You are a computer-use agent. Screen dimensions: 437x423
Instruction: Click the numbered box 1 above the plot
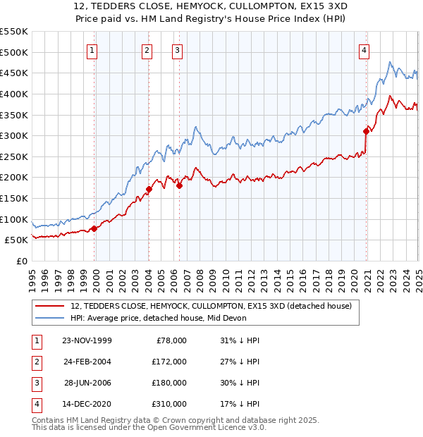click(93, 50)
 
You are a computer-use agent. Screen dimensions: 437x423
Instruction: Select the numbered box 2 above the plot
click(147, 50)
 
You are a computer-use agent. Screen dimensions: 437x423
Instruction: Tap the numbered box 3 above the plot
click(176, 50)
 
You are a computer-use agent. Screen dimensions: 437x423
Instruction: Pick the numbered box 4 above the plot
click(364, 50)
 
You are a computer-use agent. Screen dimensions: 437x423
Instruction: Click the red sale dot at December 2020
click(367, 131)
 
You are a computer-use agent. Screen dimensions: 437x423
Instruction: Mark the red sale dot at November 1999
click(94, 228)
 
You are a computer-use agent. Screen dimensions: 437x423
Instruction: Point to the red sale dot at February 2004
click(149, 189)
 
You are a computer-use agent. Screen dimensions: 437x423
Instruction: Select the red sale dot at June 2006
click(179, 185)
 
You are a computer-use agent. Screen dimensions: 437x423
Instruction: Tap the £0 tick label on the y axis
click(21, 261)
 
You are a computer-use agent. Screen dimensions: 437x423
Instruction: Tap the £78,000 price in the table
click(169, 340)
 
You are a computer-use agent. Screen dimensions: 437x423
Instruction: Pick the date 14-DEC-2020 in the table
click(87, 404)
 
